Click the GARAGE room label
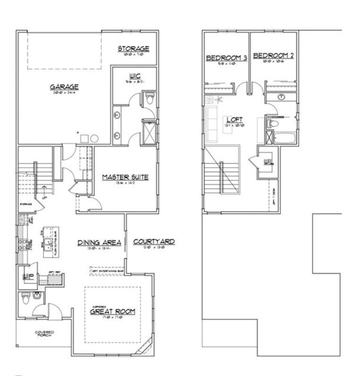64,87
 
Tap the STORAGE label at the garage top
133,49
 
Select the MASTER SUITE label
125,177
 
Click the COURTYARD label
154,242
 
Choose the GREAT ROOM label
112,312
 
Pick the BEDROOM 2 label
274,56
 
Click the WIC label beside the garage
134,76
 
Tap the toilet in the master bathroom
150,99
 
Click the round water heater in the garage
94,139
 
